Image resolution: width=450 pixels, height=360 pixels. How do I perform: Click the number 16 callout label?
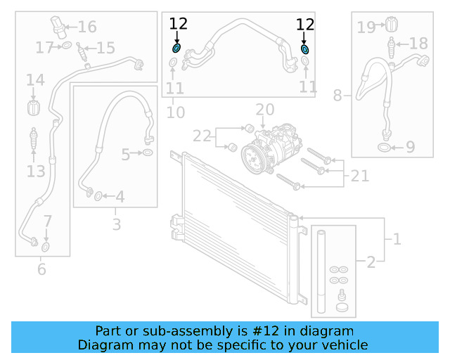(x=87, y=27)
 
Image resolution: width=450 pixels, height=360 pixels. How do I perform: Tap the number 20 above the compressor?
(x=264, y=110)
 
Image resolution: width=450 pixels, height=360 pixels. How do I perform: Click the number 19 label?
(x=366, y=27)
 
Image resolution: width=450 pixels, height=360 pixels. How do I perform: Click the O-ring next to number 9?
(x=383, y=147)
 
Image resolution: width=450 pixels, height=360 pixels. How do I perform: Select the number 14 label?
(x=35, y=81)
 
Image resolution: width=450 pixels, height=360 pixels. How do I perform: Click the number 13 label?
(x=35, y=171)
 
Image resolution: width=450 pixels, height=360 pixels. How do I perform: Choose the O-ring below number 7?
(x=46, y=247)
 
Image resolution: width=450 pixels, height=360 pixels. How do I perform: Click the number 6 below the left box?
(x=41, y=269)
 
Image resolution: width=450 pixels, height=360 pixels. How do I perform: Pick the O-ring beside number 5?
(x=148, y=153)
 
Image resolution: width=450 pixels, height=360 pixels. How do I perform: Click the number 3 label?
(x=116, y=225)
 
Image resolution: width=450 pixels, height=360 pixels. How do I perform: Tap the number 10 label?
(x=175, y=112)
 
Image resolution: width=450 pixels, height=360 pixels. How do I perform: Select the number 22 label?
(x=202, y=135)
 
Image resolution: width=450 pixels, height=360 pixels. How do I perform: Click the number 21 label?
(x=359, y=175)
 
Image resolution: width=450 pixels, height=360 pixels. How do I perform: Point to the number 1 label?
(x=397, y=240)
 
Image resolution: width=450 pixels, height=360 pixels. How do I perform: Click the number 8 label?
(x=337, y=95)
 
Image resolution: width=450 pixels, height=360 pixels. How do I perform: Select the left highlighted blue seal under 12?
(x=177, y=49)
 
